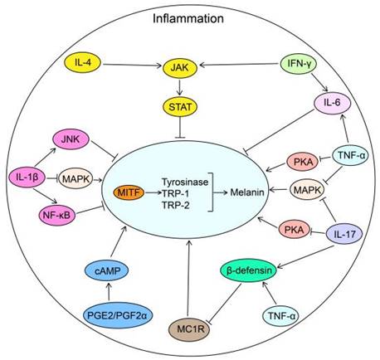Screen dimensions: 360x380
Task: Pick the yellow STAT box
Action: coord(190,105)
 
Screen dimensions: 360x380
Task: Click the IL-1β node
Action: coord(27,177)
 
